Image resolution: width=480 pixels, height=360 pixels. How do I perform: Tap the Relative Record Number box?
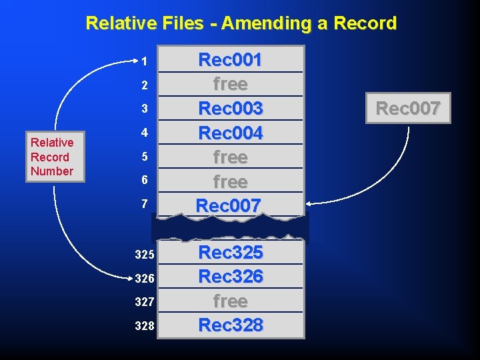click(x=52, y=157)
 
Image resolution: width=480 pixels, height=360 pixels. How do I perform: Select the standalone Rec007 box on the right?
click(x=408, y=108)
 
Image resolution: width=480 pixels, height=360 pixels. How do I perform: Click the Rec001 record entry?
click(x=230, y=60)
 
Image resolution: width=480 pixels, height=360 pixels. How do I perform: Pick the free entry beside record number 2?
click(x=230, y=84)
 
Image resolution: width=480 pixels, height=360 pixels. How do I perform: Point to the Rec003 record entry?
click(x=230, y=108)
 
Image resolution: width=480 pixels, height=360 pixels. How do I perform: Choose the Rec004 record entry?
click(x=230, y=133)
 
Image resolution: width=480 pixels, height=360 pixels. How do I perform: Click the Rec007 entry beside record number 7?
click(x=229, y=205)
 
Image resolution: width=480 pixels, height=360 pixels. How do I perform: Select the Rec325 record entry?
click(x=230, y=253)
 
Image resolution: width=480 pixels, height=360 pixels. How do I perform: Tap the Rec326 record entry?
click(x=230, y=276)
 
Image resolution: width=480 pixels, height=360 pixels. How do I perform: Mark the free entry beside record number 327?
click(x=230, y=301)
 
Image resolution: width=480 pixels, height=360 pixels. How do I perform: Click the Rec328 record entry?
click(x=230, y=325)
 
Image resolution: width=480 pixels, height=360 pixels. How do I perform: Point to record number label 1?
click(x=144, y=61)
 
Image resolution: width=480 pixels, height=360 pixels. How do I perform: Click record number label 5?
click(x=144, y=157)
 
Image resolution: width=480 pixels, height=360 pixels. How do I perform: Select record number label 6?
click(x=144, y=181)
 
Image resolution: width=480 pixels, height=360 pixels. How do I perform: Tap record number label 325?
click(x=144, y=255)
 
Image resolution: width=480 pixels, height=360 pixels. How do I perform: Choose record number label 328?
click(x=144, y=326)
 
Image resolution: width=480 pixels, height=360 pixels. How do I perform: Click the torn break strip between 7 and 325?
click(x=230, y=228)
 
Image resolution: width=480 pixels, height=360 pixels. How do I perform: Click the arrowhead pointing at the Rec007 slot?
click(x=308, y=202)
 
